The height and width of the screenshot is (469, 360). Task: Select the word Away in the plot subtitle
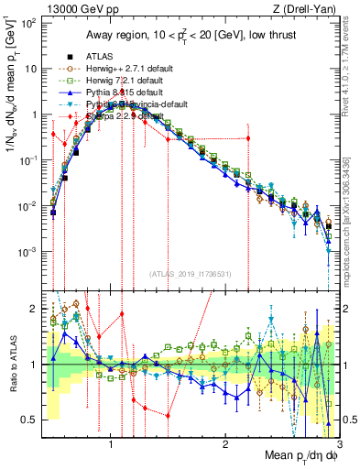tap(101, 34)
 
